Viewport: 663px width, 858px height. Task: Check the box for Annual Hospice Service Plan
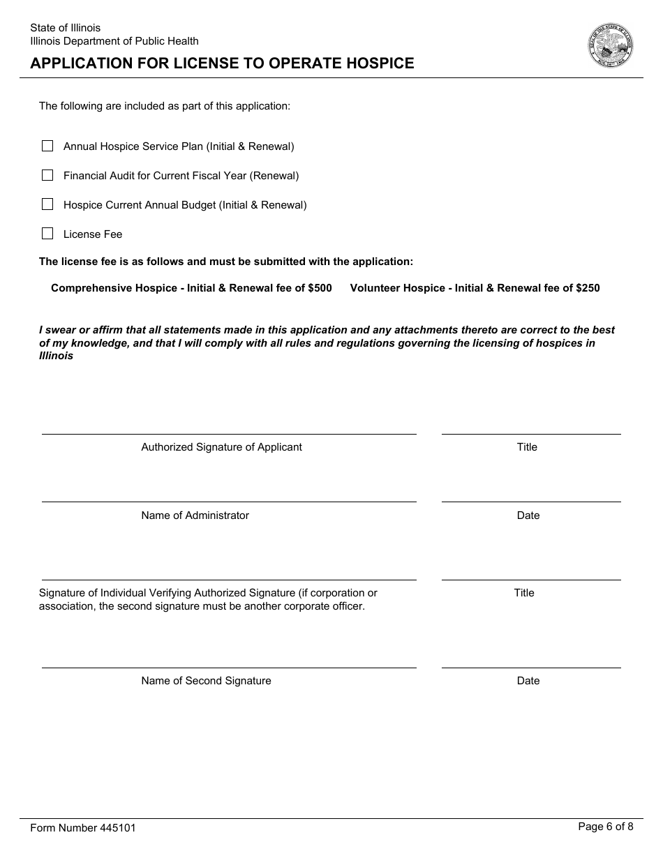click(47, 146)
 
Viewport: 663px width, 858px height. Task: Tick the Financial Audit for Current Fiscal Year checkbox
click(47, 175)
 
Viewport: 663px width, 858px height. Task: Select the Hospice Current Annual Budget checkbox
click(47, 204)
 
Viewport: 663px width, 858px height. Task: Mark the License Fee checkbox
click(47, 234)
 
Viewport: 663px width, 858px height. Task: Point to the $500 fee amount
click(320, 288)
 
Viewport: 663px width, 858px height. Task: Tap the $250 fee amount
click(588, 288)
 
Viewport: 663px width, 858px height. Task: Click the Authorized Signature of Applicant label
click(221, 447)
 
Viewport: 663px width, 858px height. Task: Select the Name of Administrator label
click(195, 515)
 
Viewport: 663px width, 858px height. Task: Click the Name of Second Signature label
click(206, 681)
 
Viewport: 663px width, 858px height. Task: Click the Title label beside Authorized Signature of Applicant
click(527, 447)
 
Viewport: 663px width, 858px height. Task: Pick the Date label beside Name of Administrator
click(528, 515)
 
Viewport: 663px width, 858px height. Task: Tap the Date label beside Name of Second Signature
click(528, 681)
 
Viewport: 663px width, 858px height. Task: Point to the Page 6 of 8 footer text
click(606, 827)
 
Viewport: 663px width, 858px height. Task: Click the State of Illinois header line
click(65, 28)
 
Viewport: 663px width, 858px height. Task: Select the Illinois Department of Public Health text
click(114, 41)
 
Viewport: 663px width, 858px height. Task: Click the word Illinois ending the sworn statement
click(56, 356)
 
